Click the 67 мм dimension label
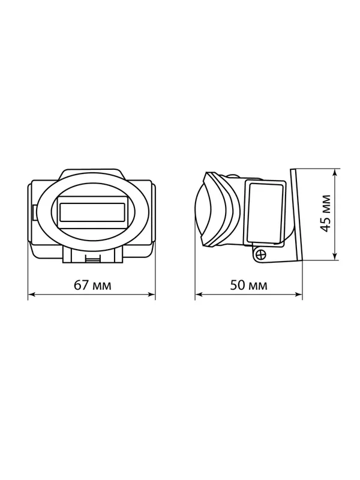[x=92, y=285]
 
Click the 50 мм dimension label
[x=248, y=285]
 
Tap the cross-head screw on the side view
[x=261, y=254]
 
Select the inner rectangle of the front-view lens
[x=92, y=212]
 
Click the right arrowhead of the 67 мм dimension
[x=151, y=295]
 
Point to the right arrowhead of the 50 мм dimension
[x=298, y=295]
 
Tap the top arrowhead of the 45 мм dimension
[x=335, y=173]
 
